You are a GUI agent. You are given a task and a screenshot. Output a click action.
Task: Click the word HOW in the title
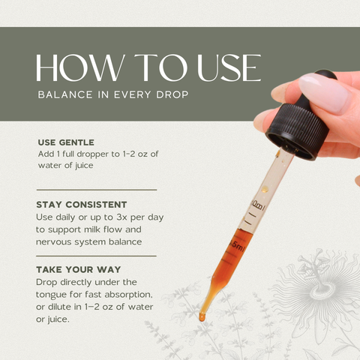tap(80, 67)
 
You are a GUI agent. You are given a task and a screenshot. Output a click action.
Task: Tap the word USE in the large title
tap(229, 67)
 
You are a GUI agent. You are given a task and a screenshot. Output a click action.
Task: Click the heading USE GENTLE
tap(66, 142)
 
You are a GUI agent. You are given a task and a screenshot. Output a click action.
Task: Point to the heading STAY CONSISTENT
tap(82, 205)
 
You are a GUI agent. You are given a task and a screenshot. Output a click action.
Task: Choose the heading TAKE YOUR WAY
tap(79, 269)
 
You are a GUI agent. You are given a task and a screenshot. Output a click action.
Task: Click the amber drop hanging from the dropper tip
tap(202, 317)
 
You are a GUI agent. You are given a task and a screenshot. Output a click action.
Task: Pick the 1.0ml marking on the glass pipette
tap(257, 206)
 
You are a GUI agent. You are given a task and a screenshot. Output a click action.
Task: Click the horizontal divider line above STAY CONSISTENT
tap(97, 190)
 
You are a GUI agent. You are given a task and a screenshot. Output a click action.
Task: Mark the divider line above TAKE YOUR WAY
tap(96, 256)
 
